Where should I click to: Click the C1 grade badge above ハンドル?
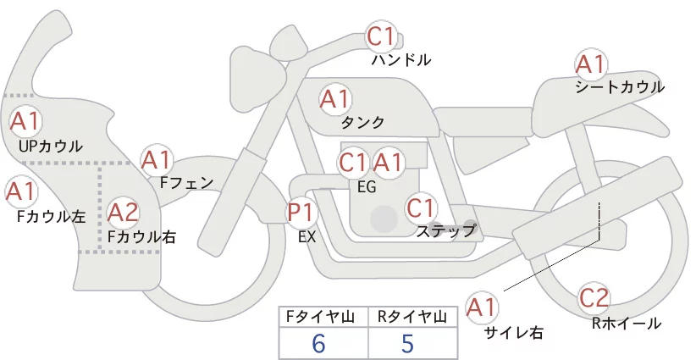381,36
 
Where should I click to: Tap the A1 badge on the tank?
335,99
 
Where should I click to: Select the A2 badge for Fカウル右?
124,213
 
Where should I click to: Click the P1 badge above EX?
301,212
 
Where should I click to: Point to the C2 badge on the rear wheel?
594,298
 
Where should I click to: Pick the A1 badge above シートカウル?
591,65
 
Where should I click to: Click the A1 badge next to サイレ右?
482,307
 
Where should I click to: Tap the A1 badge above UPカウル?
25,122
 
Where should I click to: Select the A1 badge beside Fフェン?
157,160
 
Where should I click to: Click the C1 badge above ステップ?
421,208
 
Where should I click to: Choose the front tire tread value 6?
318,344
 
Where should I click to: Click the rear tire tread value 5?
407,344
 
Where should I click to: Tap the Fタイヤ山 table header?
320,317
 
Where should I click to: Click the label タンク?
362,123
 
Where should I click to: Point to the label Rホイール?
627,324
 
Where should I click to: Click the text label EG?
367,187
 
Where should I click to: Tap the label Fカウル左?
52,217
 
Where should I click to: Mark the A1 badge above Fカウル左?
21,191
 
